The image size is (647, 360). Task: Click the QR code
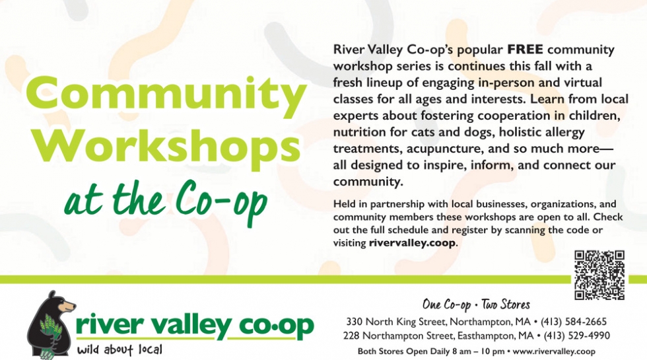(x=599, y=275)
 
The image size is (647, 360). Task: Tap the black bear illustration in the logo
(x=51, y=324)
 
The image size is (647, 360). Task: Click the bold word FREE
(x=525, y=49)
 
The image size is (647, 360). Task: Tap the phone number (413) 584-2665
(x=574, y=322)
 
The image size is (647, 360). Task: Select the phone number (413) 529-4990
(x=576, y=336)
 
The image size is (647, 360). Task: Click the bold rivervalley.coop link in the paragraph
(x=412, y=243)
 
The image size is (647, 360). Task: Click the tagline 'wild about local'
(x=119, y=350)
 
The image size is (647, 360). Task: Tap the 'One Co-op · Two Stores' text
(x=476, y=305)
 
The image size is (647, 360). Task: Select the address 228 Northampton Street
(x=397, y=336)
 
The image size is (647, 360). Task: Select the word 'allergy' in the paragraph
(x=564, y=133)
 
